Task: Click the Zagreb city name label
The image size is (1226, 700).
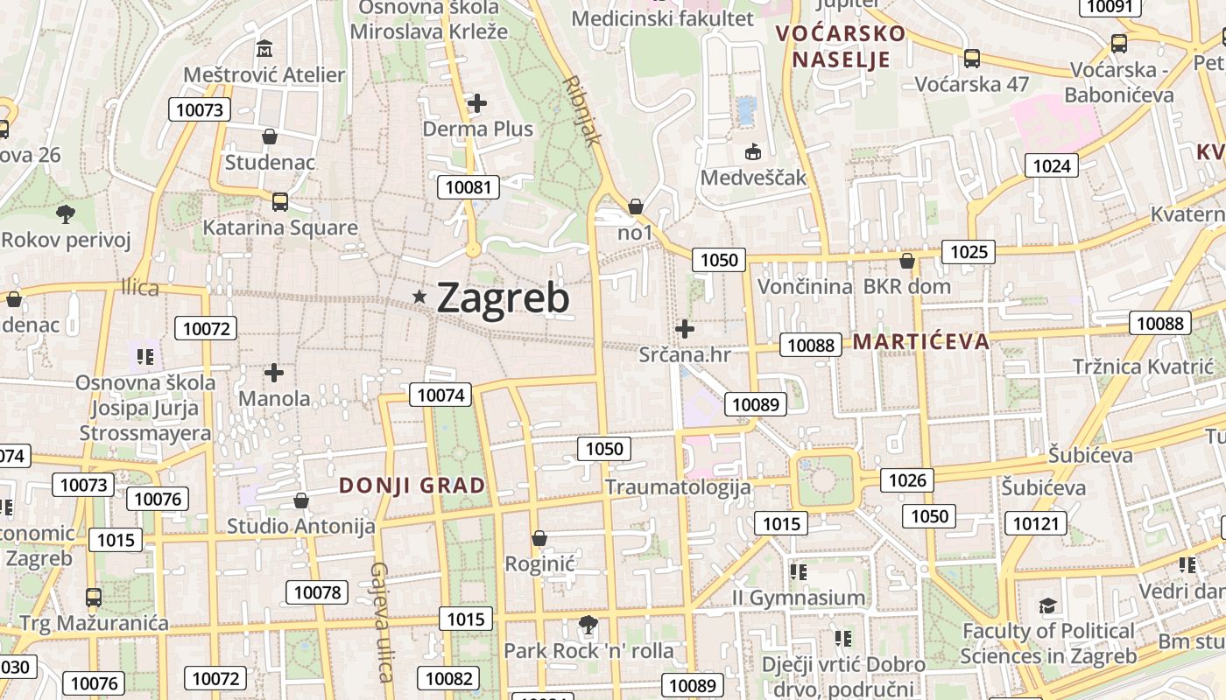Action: click(503, 298)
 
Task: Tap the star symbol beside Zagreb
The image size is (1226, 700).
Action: click(419, 298)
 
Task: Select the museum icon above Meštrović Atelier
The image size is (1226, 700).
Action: click(264, 48)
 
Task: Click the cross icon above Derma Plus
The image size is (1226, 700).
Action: click(476, 103)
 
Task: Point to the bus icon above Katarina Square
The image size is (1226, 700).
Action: click(280, 202)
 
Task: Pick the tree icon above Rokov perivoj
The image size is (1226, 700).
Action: click(65, 213)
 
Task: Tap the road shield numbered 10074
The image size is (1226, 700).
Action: click(440, 395)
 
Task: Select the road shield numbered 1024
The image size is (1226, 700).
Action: click(1052, 165)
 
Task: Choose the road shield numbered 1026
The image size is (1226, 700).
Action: click(907, 479)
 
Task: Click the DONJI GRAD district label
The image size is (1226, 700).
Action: click(412, 486)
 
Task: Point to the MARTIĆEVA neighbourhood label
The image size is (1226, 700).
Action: click(921, 341)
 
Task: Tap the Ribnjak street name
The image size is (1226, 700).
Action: click(583, 109)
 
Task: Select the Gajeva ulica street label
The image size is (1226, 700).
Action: click(380, 621)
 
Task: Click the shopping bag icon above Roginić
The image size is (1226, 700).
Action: click(539, 537)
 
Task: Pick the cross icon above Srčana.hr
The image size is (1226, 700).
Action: click(685, 329)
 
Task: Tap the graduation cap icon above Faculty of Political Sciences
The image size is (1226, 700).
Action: click(1047, 605)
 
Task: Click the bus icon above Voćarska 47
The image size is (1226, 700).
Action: click(972, 59)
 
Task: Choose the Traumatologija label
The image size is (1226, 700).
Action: click(678, 487)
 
